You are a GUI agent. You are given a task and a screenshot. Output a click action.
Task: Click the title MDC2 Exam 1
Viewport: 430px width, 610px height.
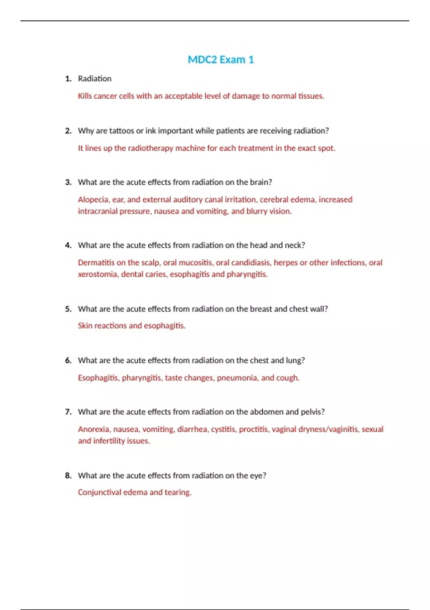click(x=221, y=60)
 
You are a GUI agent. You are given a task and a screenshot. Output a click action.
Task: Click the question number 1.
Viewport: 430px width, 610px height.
click(x=68, y=79)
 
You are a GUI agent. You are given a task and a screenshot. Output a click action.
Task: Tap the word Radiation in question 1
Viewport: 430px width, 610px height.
click(x=95, y=79)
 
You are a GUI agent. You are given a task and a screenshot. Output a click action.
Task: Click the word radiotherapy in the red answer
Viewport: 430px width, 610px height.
click(x=150, y=148)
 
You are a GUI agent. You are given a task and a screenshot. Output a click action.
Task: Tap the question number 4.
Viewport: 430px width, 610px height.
click(x=68, y=245)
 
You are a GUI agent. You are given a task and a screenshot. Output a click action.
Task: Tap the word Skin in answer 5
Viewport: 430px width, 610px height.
click(x=85, y=326)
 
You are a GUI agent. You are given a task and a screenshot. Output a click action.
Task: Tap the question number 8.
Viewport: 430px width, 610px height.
click(x=68, y=476)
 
